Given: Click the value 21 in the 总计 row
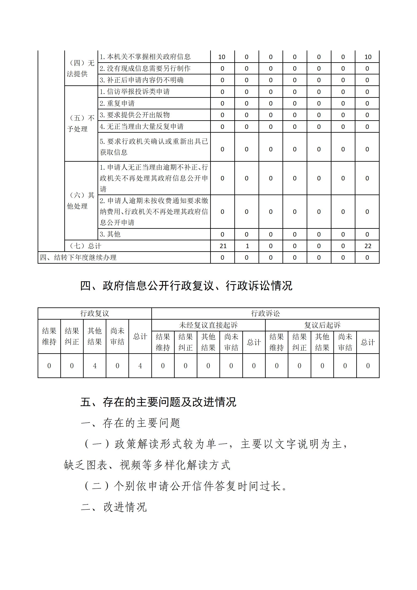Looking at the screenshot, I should [223, 246].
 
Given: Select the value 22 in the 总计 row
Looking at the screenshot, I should [368, 246].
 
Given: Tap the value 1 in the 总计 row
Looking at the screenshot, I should [247, 246].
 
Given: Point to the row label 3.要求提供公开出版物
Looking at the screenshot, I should [135, 115].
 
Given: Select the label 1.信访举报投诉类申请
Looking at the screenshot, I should [135, 91].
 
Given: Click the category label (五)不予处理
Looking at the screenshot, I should [81, 123].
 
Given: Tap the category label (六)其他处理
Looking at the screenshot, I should [81, 200].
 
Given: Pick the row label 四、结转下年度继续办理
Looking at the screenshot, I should [78, 258].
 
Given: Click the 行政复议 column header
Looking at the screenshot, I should [95, 313].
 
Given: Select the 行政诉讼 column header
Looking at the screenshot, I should [265, 313].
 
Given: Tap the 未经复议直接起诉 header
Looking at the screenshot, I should [208, 325].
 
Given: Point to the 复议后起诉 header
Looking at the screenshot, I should [322, 325].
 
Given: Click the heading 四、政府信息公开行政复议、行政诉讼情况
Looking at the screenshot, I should [186, 286].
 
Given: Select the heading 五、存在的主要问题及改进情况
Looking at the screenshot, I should [158, 402].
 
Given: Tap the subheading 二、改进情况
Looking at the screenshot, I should [114, 507].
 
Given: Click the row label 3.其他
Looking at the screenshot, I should [110, 234].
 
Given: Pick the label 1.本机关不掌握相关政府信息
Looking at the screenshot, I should [145, 57].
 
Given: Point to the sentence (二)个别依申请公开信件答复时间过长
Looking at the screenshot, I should [186, 486].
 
